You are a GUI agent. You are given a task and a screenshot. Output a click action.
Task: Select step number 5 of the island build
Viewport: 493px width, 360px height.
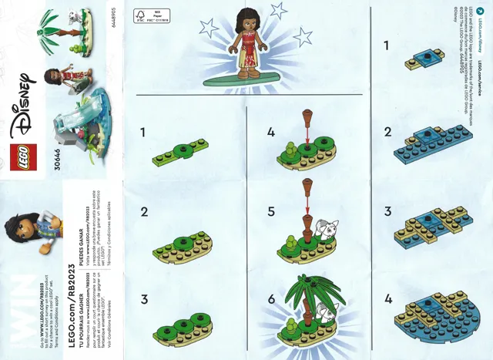270,209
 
